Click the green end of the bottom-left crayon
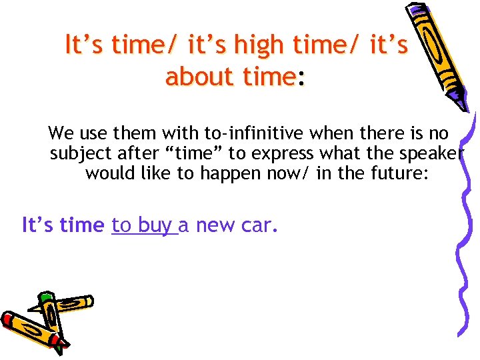[x=45, y=298]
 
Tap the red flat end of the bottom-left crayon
[x=8, y=321]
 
